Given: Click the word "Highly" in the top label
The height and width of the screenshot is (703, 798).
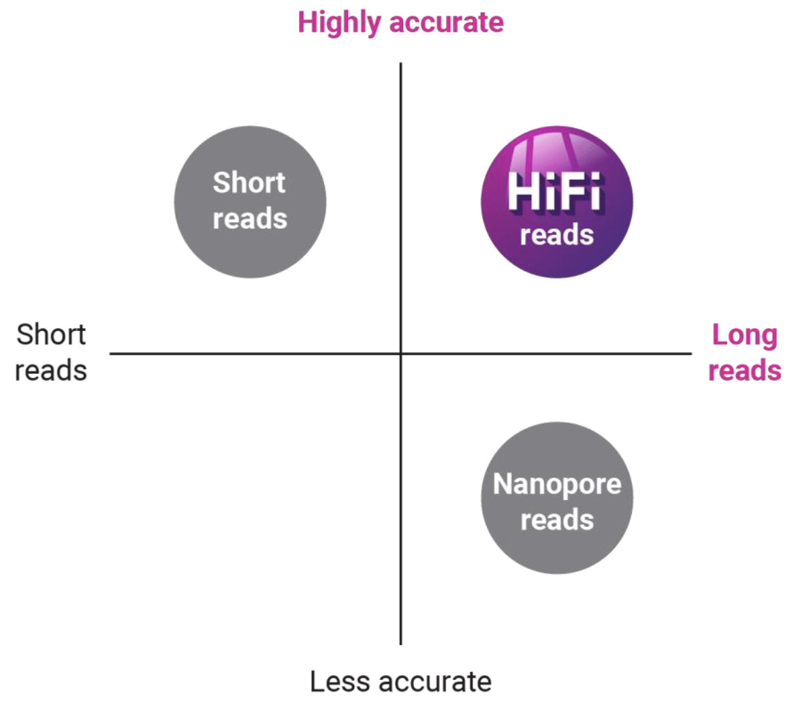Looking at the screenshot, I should [x=339, y=24].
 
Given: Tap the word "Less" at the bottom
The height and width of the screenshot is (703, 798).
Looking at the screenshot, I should [x=338, y=681].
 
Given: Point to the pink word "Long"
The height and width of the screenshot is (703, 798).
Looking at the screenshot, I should [x=744, y=335].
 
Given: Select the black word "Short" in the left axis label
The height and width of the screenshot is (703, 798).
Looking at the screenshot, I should [x=52, y=335].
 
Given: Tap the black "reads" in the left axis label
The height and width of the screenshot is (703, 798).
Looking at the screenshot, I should [x=52, y=371].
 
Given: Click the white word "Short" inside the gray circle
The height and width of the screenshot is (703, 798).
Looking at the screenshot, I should [x=249, y=183].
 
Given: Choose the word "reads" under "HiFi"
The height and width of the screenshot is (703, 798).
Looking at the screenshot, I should [x=556, y=235].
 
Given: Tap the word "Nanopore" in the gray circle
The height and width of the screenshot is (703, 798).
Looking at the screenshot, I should [x=556, y=484].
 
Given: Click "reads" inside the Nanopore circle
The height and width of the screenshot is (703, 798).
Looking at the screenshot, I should [x=557, y=520].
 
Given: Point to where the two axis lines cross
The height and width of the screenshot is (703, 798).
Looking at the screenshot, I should [x=400, y=354].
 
